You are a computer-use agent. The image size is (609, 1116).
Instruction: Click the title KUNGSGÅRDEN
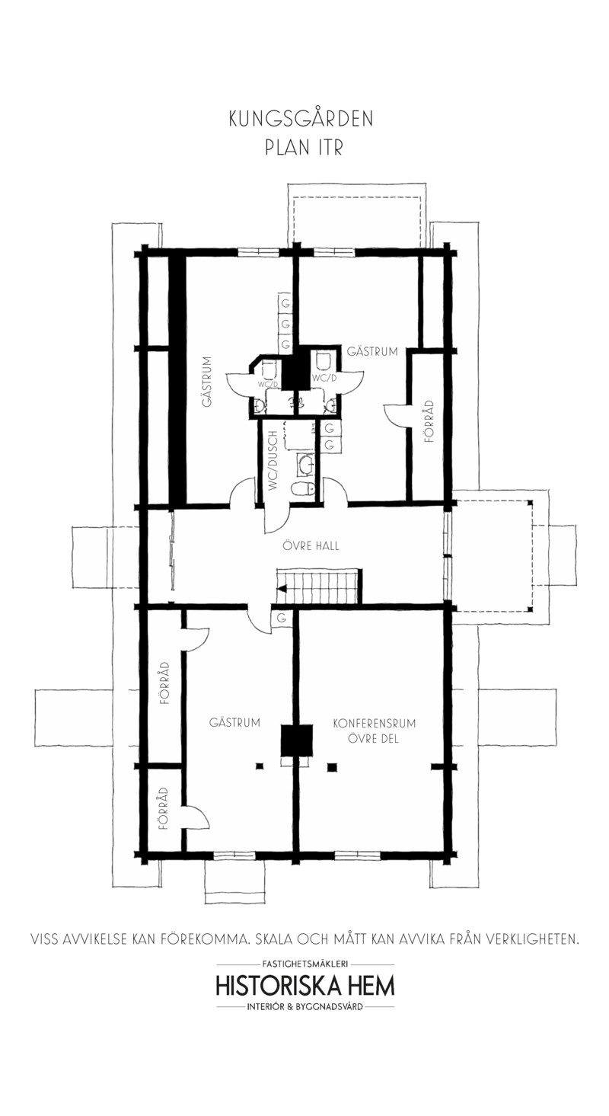301,120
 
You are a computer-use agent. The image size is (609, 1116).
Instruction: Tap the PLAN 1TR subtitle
304,148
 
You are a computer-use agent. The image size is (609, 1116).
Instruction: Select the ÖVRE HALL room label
311,545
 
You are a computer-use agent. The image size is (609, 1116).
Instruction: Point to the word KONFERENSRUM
374,723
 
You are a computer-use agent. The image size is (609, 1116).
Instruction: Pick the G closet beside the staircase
282,619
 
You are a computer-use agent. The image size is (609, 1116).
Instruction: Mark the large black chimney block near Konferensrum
296,741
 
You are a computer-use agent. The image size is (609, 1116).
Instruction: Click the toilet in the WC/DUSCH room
302,491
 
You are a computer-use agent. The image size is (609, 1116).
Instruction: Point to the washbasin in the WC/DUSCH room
304,465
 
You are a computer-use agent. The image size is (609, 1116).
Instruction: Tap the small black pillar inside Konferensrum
332,767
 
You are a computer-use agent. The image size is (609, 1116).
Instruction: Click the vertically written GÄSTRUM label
208,381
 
